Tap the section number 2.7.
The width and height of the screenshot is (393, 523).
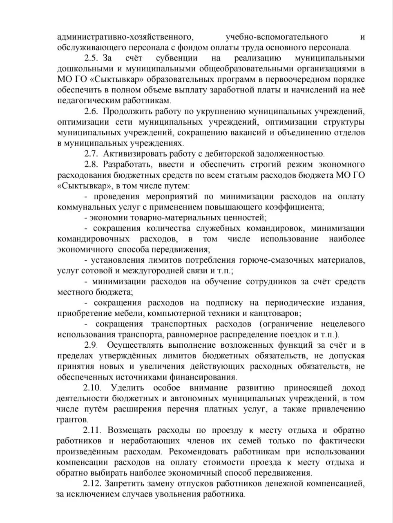point(92,154)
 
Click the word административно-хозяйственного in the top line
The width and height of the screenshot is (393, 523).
point(125,37)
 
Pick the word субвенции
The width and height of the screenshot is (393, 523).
point(171,58)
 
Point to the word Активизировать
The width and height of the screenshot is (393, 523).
point(135,154)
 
